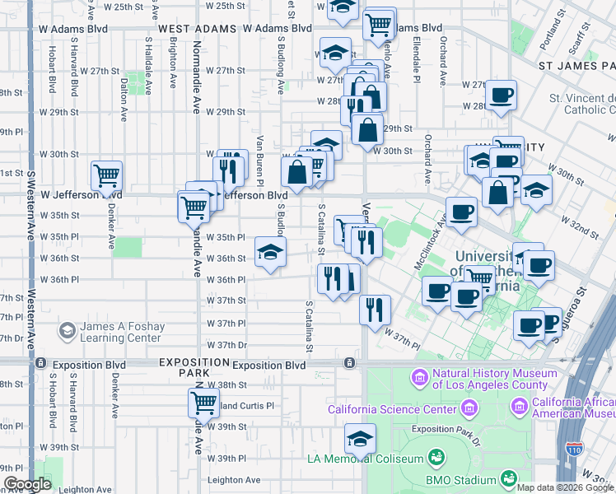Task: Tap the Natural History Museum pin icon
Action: [420, 378]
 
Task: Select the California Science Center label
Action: [391, 409]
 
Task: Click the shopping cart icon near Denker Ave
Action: [107, 175]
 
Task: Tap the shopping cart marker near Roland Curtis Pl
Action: [203, 403]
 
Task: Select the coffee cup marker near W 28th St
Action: [501, 95]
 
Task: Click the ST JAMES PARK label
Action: [576, 64]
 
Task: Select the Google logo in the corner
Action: [26, 484]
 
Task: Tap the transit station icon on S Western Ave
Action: [38, 363]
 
